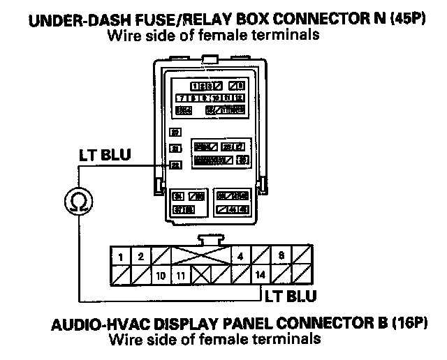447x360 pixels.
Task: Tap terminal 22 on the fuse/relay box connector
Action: [175, 165]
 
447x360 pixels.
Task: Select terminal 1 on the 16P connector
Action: [122, 257]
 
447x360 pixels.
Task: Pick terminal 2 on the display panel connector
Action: [140, 257]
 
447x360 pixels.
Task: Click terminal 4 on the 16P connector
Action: [240, 257]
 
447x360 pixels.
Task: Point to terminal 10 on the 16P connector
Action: [161, 275]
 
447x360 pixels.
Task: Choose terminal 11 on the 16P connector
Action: [181, 275]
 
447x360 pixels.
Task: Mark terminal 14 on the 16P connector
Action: [261, 275]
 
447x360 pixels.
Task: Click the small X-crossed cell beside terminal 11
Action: [201, 275]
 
